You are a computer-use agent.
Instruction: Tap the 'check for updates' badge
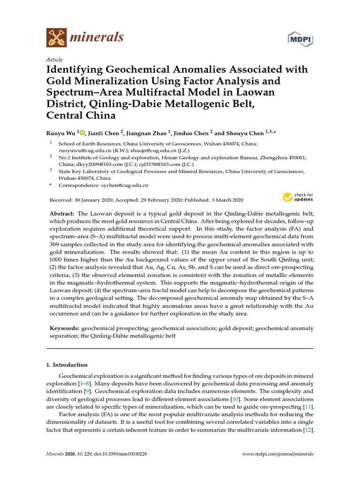[298, 197]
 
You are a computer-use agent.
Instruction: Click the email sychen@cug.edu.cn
[128, 186]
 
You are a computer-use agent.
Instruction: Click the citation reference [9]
[87, 390]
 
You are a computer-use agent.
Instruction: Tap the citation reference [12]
[308, 430]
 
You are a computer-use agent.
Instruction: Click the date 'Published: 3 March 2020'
[217, 199]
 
